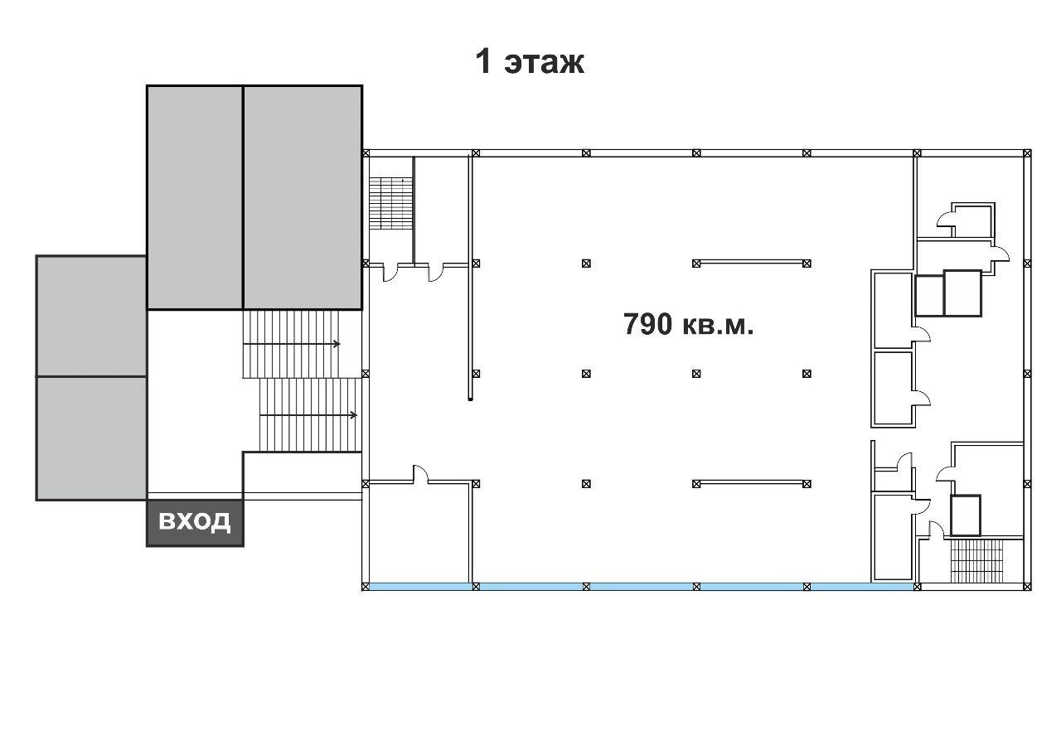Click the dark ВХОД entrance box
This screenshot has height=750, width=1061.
[195, 523]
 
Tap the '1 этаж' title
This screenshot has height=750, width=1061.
[530, 61]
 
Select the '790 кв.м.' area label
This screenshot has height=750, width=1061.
[688, 324]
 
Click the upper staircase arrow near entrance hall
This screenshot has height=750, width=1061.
[291, 344]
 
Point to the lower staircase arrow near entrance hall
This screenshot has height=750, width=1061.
[308, 415]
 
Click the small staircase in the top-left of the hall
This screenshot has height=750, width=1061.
[390, 204]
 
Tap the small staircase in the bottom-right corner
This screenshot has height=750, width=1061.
[976, 560]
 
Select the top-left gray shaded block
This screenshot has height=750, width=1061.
[195, 197]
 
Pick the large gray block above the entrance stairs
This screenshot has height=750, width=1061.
[303, 197]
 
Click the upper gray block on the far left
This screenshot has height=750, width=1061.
[91, 317]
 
